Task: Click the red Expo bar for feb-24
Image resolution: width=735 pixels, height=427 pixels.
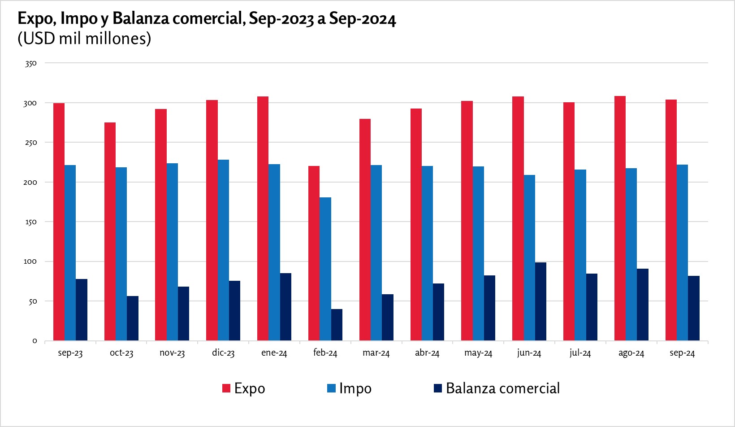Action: pos(314,253)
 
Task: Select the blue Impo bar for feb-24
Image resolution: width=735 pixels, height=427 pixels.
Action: pos(325,269)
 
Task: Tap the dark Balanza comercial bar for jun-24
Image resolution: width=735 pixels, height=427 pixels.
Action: pos(540,301)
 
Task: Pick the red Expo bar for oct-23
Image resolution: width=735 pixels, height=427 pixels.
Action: pos(110,231)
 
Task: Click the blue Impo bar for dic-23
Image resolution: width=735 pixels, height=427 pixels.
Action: pos(223,250)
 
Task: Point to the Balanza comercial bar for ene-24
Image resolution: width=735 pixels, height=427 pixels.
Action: pos(285,307)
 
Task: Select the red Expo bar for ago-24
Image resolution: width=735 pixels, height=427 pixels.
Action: pos(620,218)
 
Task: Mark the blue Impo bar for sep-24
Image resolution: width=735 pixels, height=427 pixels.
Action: pos(682,253)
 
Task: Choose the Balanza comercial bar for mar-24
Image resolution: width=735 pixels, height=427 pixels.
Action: pos(388,318)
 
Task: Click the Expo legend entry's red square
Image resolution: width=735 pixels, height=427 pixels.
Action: pos(226,388)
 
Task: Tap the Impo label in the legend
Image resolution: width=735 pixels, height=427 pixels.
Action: pos(355,388)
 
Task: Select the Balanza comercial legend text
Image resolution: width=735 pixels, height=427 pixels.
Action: pos(502,388)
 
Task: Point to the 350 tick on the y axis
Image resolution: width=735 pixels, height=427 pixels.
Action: pos(30,64)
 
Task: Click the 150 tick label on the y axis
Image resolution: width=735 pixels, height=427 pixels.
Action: pos(30,222)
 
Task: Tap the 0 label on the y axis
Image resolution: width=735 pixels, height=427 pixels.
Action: pos(35,341)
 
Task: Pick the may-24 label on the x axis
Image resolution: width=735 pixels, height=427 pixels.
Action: pos(478,353)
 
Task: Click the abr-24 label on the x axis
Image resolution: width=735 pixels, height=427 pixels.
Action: pos(427,353)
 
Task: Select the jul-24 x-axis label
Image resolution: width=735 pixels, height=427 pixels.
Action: pos(580,353)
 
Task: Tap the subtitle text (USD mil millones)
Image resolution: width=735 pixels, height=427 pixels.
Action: pos(84,39)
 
